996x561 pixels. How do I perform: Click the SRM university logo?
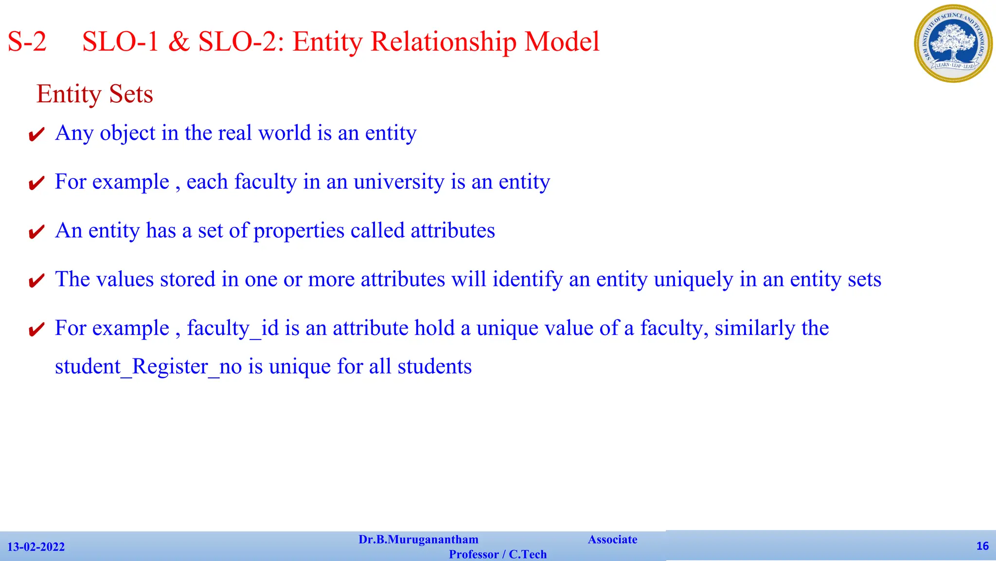[x=953, y=44]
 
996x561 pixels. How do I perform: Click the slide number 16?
[x=982, y=546]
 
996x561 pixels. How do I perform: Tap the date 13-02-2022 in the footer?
[x=36, y=547]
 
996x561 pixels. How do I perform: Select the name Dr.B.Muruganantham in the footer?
[x=418, y=540]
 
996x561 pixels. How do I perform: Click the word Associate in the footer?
[x=612, y=540]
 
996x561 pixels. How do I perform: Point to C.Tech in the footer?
[x=528, y=554]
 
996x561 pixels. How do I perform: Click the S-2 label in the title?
[x=27, y=42]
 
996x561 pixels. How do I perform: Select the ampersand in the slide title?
[x=178, y=42]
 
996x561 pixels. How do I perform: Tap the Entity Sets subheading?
[x=95, y=94]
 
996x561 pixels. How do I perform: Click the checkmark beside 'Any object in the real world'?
[x=36, y=134]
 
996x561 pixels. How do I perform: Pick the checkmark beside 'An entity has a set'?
[x=36, y=232]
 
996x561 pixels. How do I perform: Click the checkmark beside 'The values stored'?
[x=36, y=280]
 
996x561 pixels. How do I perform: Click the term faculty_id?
[x=232, y=328]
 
